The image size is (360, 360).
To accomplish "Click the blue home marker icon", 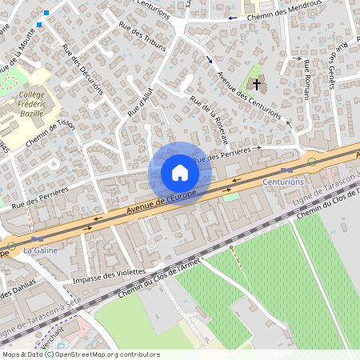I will (x=179, y=173).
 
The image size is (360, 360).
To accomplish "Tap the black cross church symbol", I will (x=257, y=83).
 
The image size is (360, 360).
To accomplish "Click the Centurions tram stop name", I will (x=284, y=182).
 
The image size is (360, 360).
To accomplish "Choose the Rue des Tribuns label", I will (x=142, y=37).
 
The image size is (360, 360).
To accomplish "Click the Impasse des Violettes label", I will (x=104, y=276).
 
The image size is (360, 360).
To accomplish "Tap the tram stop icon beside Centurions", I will (x=286, y=170).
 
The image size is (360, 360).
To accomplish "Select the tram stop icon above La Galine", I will (x=37, y=238).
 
